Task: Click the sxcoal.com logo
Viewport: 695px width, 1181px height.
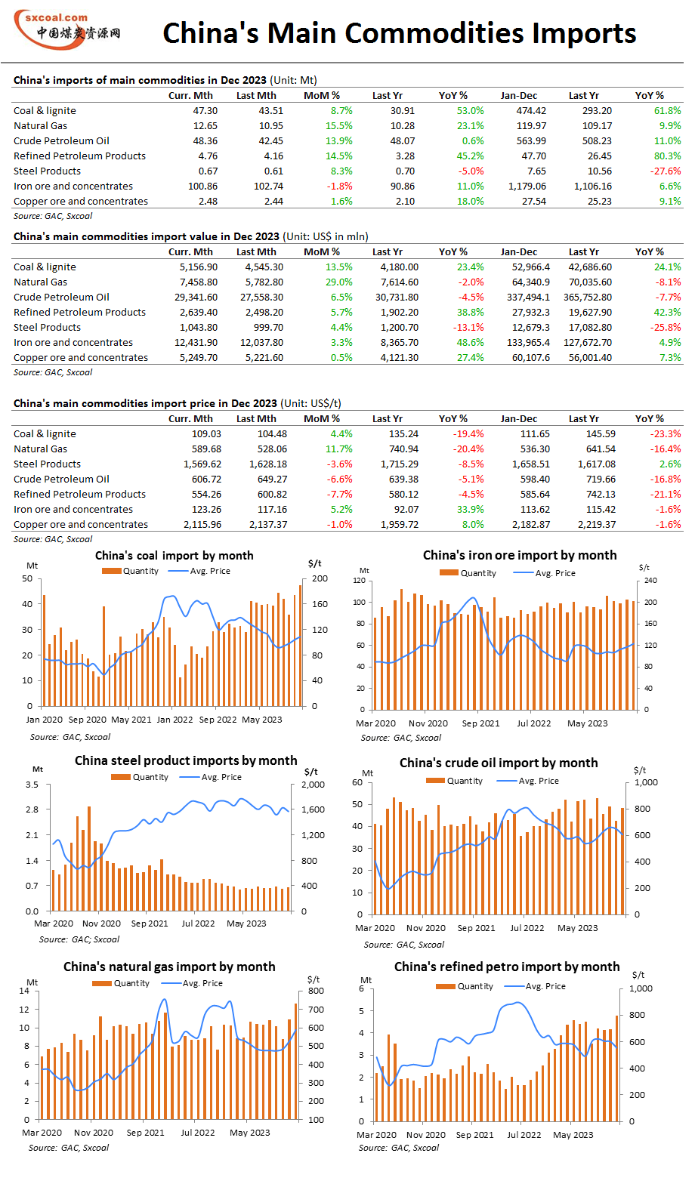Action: tap(67, 29)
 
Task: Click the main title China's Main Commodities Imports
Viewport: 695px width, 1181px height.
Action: tap(399, 32)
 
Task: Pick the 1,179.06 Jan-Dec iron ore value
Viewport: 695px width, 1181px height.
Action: tap(527, 186)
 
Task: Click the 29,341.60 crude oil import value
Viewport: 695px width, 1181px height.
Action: tap(196, 297)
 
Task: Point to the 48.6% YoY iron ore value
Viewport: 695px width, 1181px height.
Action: tap(470, 342)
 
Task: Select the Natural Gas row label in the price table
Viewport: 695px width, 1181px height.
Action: tap(41, 449)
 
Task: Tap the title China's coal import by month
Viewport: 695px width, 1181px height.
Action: tap(174, 555)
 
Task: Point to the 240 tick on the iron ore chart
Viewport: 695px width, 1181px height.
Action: tap(650, 581)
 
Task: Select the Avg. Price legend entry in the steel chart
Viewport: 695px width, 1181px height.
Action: tap(211, 777)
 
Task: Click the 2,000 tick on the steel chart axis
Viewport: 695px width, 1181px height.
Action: tap(314, 785)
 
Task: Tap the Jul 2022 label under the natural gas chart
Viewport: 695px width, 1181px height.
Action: tap(198, 1133)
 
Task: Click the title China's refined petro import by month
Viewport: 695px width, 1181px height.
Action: tap(507, 967)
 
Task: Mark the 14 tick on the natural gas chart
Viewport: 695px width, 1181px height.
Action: tap(24, 991)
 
